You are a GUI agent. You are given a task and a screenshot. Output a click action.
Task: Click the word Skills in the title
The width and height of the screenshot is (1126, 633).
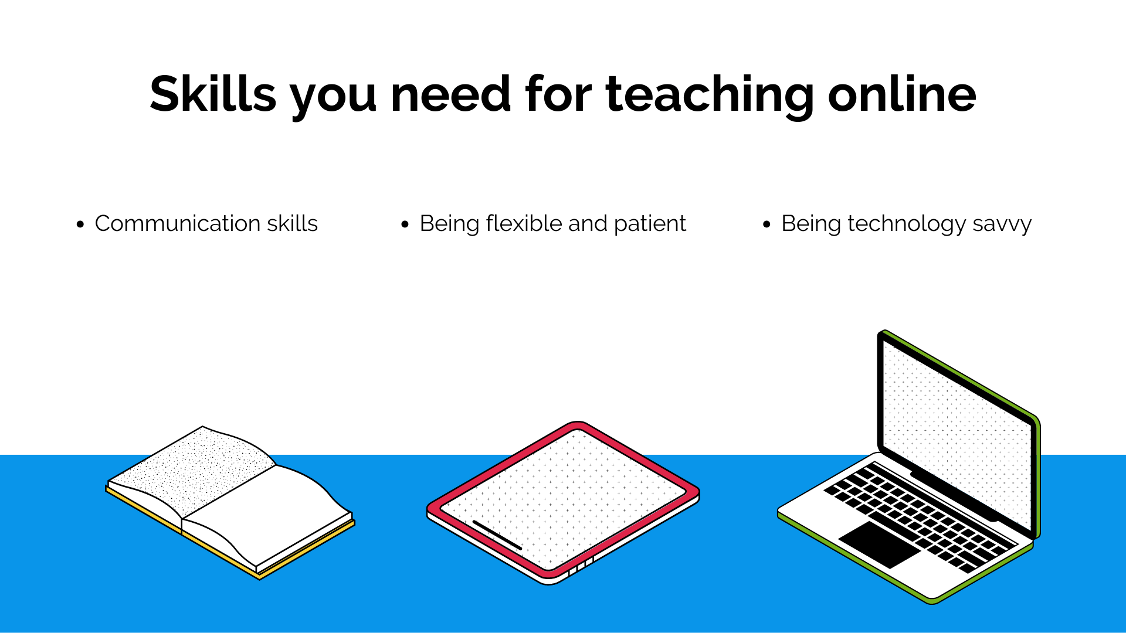(213, 94)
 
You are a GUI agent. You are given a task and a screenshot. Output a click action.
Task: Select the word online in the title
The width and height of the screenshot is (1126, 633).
(902, 94)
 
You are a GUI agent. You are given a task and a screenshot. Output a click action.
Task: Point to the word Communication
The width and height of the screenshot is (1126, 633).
(178, 223)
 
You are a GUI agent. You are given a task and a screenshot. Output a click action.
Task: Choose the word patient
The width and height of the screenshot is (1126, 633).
(650, 225)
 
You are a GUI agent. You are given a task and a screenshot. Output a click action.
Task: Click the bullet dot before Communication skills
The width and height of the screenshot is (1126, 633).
(80, 224)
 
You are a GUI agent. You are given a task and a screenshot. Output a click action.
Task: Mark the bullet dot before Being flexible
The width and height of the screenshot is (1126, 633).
(405, 224)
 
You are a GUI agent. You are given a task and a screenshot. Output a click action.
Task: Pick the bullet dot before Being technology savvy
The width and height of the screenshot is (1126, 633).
(767, 224)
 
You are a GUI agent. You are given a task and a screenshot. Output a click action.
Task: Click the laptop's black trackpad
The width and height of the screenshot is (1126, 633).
(880, 544)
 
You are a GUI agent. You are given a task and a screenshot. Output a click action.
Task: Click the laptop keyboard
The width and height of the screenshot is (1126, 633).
(921, 516)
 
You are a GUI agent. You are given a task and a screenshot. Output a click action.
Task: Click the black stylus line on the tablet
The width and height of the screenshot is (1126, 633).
(497, 535)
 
